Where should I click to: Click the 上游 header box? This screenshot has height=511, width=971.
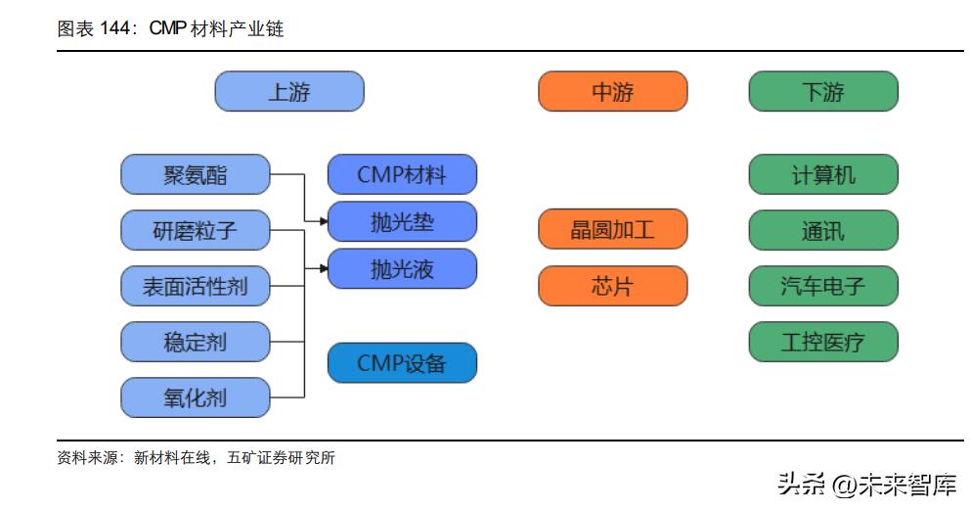point(288,92)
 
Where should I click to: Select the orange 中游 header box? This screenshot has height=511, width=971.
point(612,92)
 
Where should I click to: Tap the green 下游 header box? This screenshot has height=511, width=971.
point(822,92)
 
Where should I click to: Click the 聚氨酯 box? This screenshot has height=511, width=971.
point(195,175)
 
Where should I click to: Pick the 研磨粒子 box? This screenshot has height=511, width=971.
point(195,231)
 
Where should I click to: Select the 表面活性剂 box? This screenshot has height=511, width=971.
point(195,287)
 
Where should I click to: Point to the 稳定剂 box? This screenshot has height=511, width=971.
point(195,343)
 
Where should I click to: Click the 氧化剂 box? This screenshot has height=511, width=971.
point(195,398)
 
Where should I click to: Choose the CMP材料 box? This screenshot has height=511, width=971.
point(402,175)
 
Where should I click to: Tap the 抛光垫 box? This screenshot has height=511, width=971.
point(402,222)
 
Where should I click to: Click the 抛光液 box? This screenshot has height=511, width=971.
point(402,269)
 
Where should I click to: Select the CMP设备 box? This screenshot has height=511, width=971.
point(402,363)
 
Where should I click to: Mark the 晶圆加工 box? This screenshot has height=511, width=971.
point(612,230)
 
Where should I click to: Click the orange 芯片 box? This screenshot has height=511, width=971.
point(612,287)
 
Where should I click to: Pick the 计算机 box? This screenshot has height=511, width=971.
point(822,175)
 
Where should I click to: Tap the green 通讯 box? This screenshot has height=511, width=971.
point(822,231)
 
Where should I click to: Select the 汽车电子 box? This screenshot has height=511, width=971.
point(822,287)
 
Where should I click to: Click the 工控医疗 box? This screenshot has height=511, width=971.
point(822,343)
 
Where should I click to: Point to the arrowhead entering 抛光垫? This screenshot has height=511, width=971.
point(324,222)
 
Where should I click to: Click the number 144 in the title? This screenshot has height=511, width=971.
point(115,29)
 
